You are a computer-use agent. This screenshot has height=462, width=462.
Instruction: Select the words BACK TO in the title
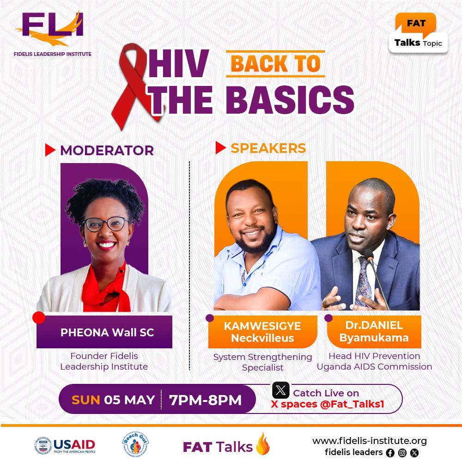[275, 64]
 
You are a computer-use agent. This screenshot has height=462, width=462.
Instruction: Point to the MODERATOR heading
[107, 150]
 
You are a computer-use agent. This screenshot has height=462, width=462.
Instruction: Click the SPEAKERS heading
[268, 148]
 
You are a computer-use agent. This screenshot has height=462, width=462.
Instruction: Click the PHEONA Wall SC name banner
[104, 332]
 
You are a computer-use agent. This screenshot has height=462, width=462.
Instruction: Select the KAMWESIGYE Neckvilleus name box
[262, 332]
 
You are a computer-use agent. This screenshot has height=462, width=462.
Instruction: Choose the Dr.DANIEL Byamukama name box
[374, 332]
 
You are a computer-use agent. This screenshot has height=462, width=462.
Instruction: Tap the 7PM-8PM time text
[206, 400]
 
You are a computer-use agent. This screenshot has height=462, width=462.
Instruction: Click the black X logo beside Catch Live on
[280, 391]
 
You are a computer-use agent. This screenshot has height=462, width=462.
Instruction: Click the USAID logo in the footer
[65, 445]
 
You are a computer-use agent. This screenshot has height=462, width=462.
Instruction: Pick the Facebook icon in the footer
[390, 453]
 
